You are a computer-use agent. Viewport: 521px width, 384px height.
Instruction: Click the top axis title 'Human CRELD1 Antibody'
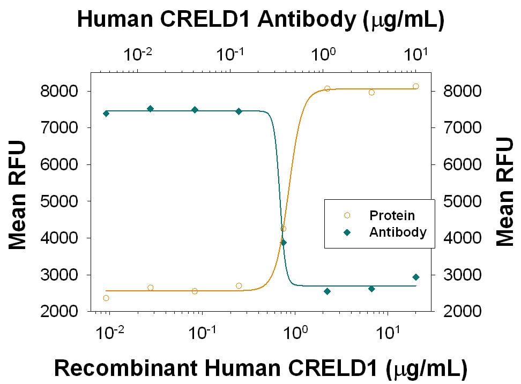point(261,20)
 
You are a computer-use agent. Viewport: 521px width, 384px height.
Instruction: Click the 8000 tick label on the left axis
point(58,91)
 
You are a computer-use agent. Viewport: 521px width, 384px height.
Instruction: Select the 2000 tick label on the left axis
point(58,311)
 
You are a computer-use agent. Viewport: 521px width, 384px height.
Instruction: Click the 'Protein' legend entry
point(392,216)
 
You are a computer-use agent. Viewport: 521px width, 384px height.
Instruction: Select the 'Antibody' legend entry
point(397,232)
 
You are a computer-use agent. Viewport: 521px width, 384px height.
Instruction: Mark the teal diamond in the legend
point(347,232)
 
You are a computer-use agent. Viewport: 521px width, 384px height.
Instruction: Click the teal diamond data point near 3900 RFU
point(284,243)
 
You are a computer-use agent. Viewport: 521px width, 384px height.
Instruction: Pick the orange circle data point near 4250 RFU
point(283,229)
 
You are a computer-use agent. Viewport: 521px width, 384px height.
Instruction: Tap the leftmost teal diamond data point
point(106,113)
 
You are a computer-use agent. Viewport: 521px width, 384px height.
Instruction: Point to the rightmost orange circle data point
point(416,86)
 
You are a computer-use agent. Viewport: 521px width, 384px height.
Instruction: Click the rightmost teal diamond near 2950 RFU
point(416,277)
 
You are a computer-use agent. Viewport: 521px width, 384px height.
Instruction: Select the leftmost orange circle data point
point(106,298)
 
